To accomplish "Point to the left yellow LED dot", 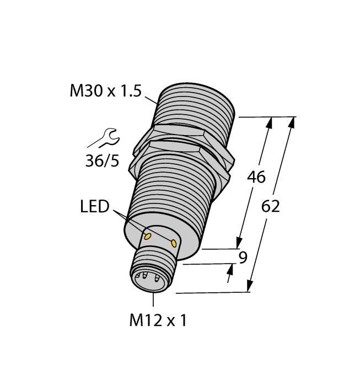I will (x=148, y=236).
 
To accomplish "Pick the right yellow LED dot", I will (x=175, y=243).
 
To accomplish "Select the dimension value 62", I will (x=270, y=207).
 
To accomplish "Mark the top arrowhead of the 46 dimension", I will (x=270, y=122).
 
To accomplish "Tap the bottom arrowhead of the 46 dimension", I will (x=239, y=243).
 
